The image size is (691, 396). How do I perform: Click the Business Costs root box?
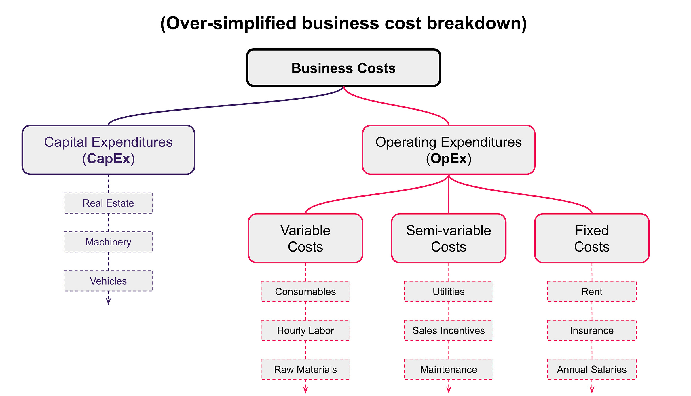point(343,68)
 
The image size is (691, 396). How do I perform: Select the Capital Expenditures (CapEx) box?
point(109,150)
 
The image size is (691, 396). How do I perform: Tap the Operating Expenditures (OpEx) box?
point(449,150)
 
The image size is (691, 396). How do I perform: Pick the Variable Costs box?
point(305,238)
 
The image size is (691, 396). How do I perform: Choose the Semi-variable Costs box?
point(449,238)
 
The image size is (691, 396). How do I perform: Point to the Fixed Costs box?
point(592,238)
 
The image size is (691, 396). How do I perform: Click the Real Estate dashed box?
point(108,203)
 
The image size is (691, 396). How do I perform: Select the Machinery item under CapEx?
point(108,242)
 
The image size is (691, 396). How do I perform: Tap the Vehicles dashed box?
point(108,281)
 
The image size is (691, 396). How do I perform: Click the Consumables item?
point(305,292)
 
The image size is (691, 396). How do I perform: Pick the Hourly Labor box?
point(305,330)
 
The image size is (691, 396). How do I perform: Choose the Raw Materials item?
point(305,369)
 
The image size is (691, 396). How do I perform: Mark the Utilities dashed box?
point(449,292)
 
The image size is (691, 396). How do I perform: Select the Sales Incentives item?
point(449,330)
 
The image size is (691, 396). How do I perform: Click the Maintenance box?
point(449,369)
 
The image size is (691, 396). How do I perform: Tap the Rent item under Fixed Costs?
point(592,292)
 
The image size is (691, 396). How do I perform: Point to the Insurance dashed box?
point(592,330)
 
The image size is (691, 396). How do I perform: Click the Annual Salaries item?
point(592,369)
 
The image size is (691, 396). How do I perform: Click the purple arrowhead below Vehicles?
point(108,302)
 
